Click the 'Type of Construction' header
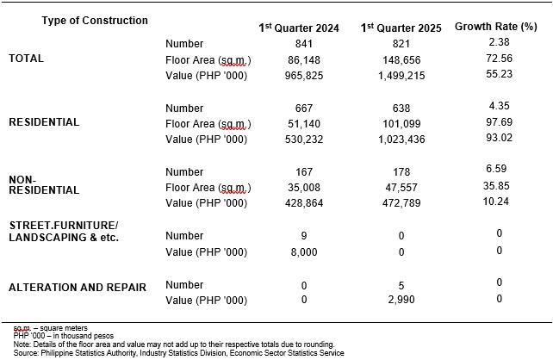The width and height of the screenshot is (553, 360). [95, 21]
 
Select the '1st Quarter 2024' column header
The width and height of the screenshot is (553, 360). [299, 28]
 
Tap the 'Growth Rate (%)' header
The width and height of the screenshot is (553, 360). [496, 27]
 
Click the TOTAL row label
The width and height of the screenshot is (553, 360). [26, 59]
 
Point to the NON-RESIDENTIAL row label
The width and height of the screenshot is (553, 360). [44, 185]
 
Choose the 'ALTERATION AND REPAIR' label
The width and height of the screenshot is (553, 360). [78, 288]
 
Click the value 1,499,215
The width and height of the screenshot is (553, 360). [401, 76]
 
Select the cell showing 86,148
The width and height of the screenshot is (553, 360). [304, 60]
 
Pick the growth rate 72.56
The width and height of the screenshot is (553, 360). [499, 59]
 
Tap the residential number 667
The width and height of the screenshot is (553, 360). [304, 108]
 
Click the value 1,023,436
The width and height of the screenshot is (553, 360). [401, 140]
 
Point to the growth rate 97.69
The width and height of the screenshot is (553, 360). [499, 122]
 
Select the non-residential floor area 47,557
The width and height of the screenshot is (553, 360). [401, 187]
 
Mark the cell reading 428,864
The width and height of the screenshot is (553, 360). [304, 203]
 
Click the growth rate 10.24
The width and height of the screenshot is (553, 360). [496, 202]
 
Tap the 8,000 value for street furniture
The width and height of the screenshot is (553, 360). [304, 252]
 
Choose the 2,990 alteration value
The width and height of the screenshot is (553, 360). [401, 300]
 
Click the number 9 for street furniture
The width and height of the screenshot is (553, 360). [304, 235]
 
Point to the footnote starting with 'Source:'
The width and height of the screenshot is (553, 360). [179, 352]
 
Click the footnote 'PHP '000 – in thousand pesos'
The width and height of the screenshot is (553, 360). [64, 336]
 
